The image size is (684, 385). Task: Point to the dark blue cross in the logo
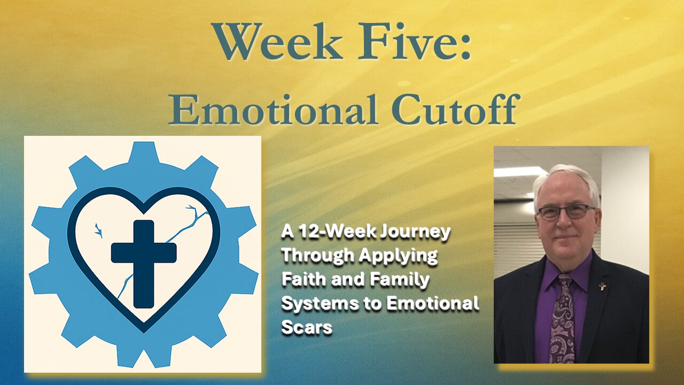click(144, 264)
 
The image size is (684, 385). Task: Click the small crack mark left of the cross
click(99, 230)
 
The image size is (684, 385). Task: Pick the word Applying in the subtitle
click(398, 257)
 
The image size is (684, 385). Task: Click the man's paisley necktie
click(563, 318)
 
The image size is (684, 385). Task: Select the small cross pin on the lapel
click(602, 287)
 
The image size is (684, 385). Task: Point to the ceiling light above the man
click(519, 172)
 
